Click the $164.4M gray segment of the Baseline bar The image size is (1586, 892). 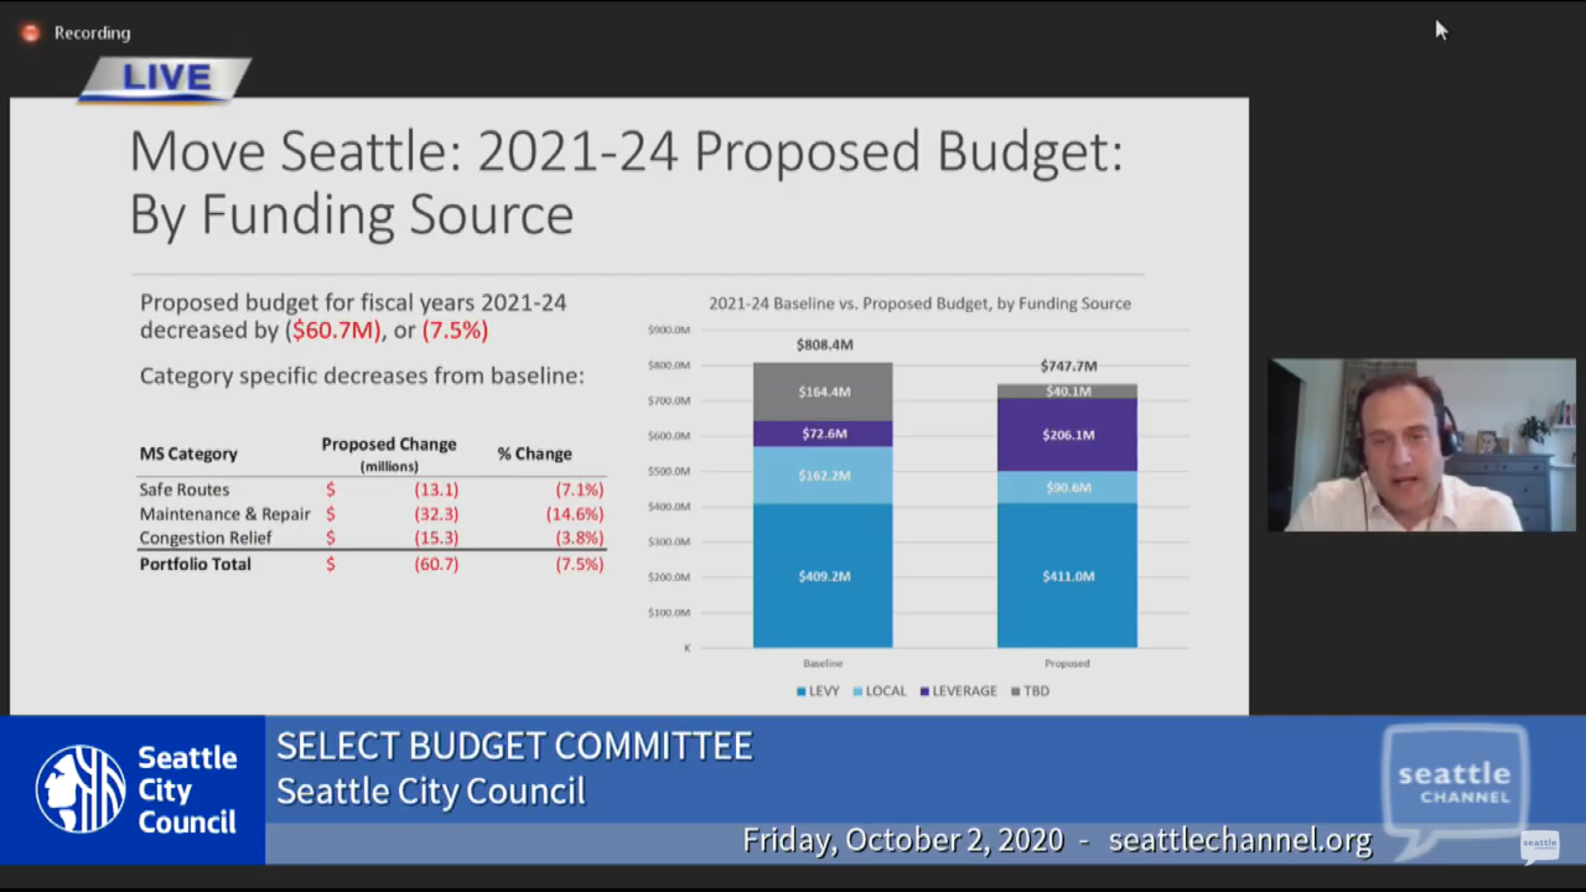point(823,391)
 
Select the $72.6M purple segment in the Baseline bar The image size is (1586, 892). point(823,434)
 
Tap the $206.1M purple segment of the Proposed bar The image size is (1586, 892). point(1067,434)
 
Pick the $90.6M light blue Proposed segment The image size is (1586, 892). point(1067,487)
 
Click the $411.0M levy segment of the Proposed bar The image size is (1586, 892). point(1067,576)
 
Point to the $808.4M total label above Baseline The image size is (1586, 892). point(824,344)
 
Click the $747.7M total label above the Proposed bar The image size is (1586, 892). point(1068,366)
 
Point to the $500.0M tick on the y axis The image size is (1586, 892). point(668,472)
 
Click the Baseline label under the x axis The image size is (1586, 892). point(823,663)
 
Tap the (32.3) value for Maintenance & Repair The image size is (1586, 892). point(436,514)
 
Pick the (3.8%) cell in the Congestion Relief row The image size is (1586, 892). point(579,538)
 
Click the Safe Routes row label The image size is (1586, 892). point(184,490)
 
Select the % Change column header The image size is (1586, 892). point(534,453)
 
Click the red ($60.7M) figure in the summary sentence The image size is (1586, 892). point(334,330)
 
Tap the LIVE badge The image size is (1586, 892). point(166,78)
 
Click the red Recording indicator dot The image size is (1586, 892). point(31,33)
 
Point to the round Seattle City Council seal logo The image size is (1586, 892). point(80,790)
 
